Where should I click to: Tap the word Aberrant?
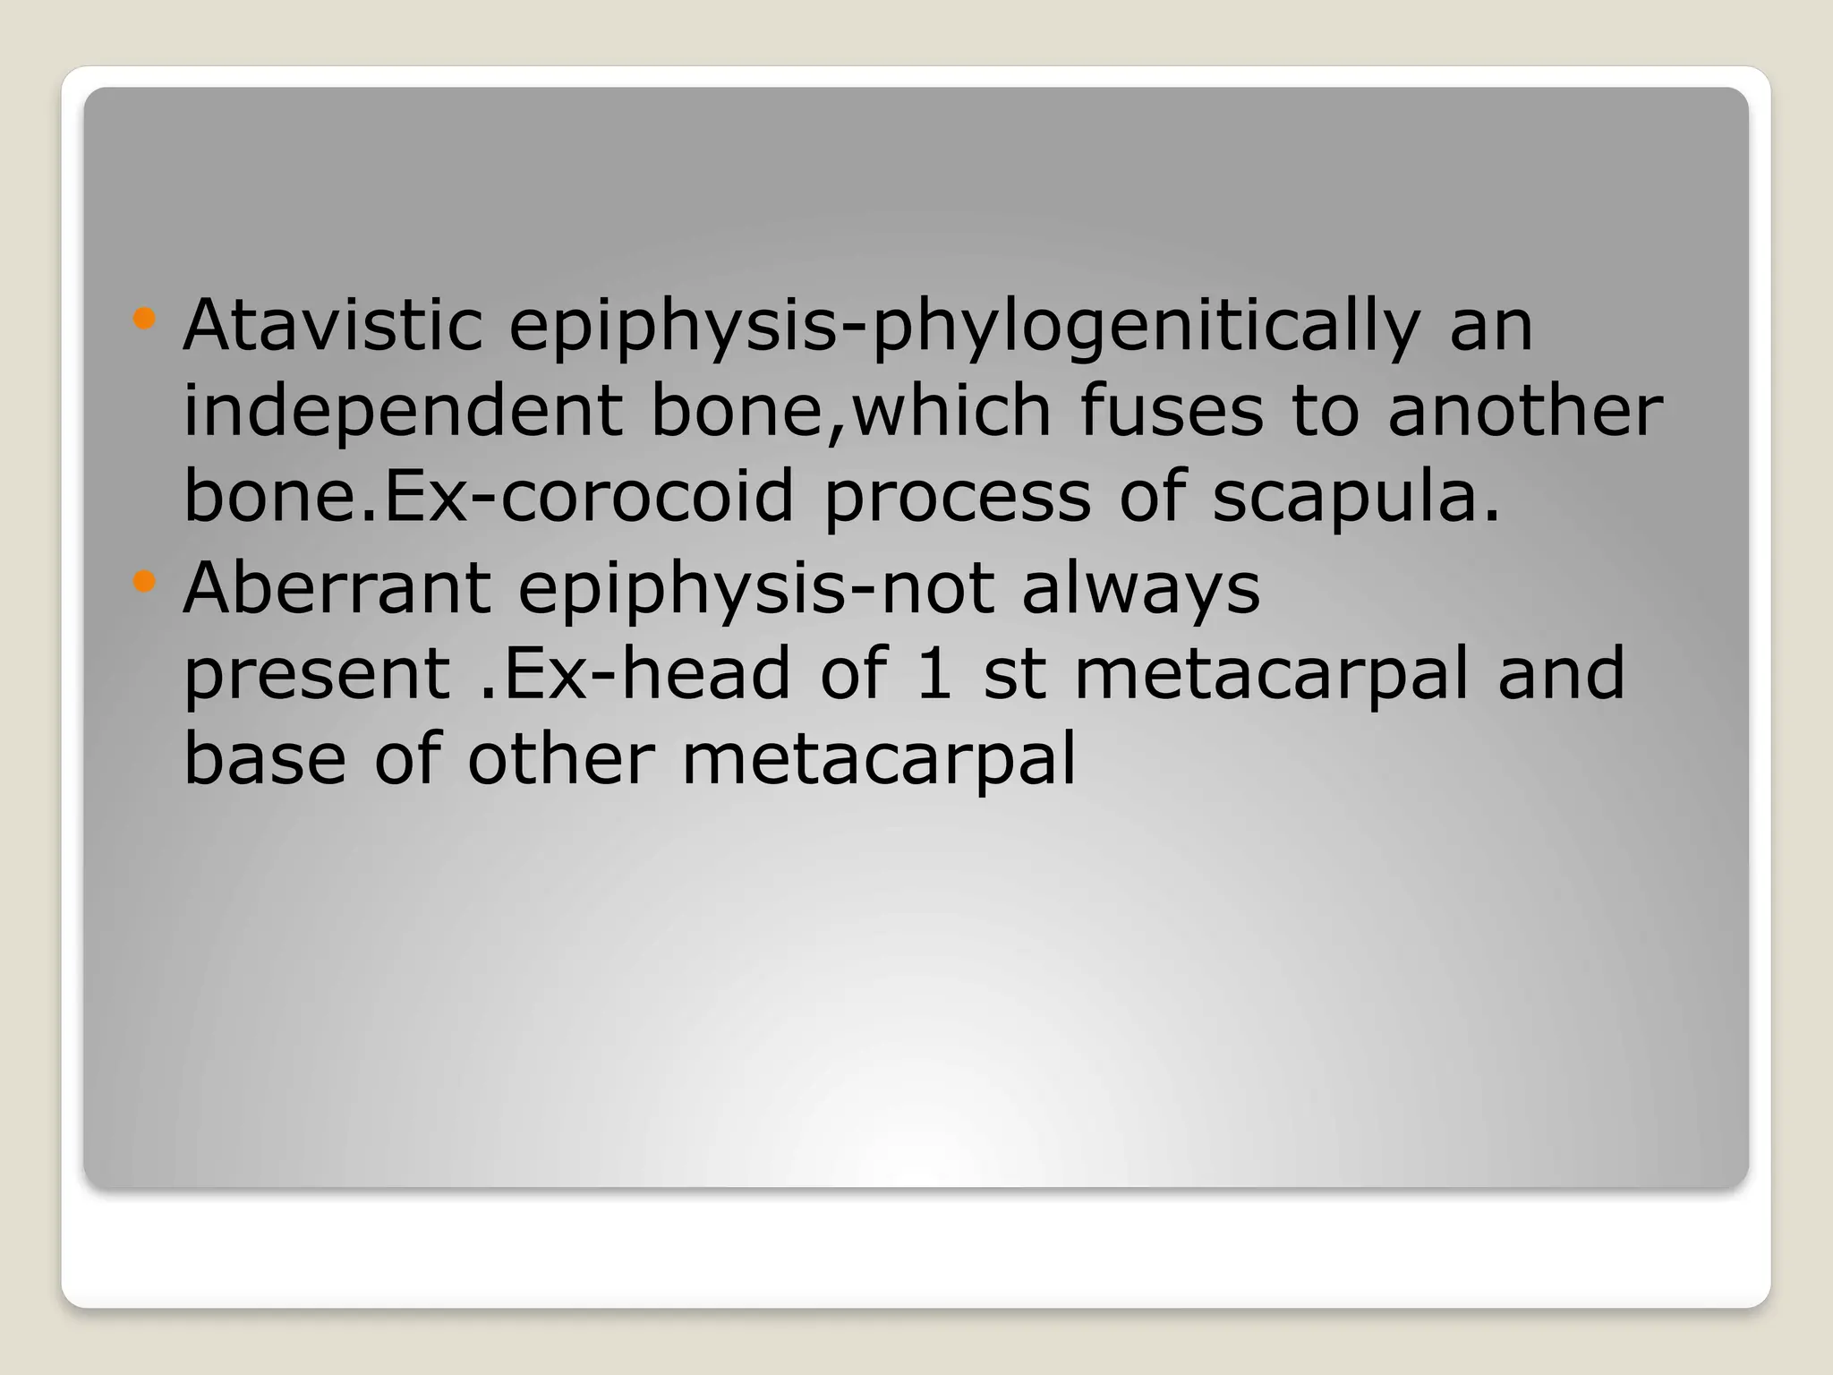pos(337,588)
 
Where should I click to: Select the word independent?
pos(403,412)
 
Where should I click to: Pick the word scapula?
pos(1355,498)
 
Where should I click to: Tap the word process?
pos(957,498)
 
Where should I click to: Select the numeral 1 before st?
pos(933,673)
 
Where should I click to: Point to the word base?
pos(265,759)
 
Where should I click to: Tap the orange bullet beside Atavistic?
pos(143,319)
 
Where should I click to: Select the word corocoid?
pos(647,498)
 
